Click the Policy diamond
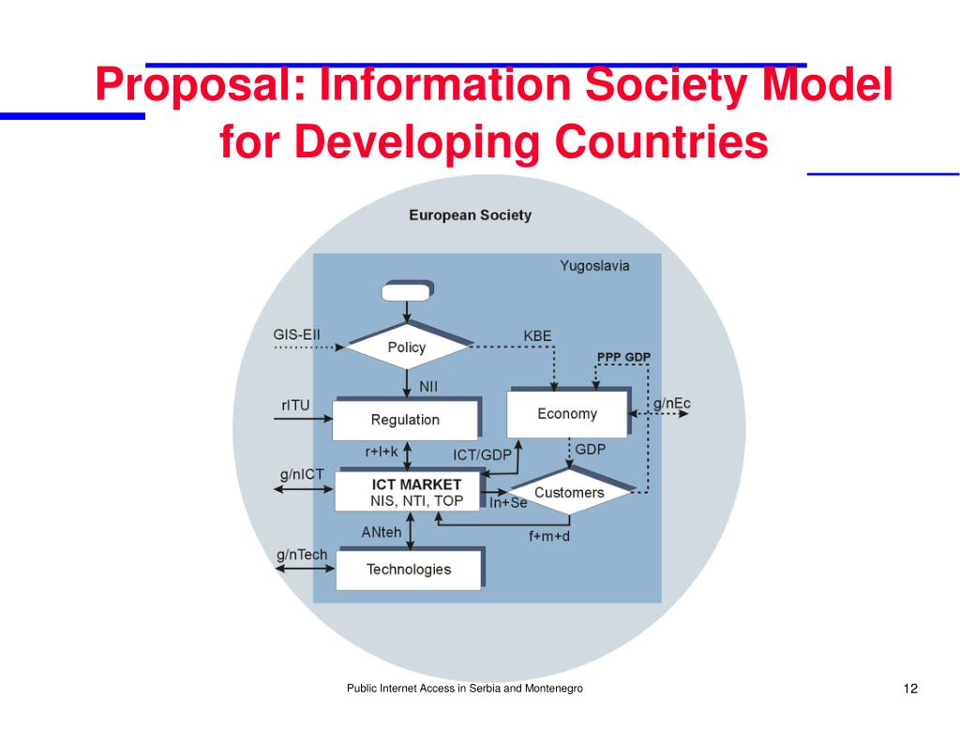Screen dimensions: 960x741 (x=407, y=348)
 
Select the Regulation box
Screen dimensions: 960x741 (x=405, y=420)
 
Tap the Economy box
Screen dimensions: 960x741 (x=566, y=414)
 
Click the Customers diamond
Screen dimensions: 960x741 (x=569, y=493)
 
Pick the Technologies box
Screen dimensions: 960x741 (x=408, y=570)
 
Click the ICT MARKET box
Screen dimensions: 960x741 (x=408, y=492)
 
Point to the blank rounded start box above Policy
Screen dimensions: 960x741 (x=407, y=291)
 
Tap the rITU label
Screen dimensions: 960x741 (x=295, y=406)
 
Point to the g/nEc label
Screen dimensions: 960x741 (x=672, y=404)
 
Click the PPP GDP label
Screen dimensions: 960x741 (x=623, y=357)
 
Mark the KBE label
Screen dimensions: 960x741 (x=537, y=336)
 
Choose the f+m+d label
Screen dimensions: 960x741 (x=549, y=537)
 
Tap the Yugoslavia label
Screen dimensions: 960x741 (x=594, y=266)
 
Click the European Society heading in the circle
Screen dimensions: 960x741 (x=470, y=215)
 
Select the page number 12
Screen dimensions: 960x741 (x=910, y=689)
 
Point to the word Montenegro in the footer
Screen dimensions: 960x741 (x=552, y=689)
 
